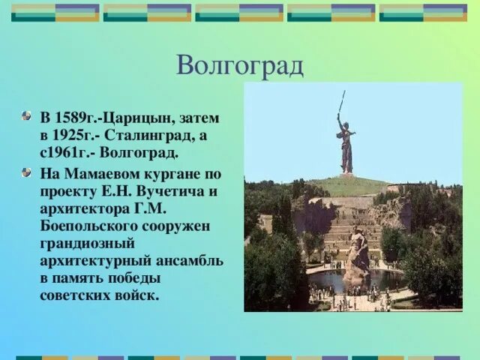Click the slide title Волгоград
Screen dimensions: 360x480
coord(240,65)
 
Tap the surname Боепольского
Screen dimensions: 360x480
coord(88,226)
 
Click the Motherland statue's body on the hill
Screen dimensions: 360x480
coord(346,146)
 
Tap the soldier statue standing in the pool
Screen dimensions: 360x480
coord(356,256)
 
